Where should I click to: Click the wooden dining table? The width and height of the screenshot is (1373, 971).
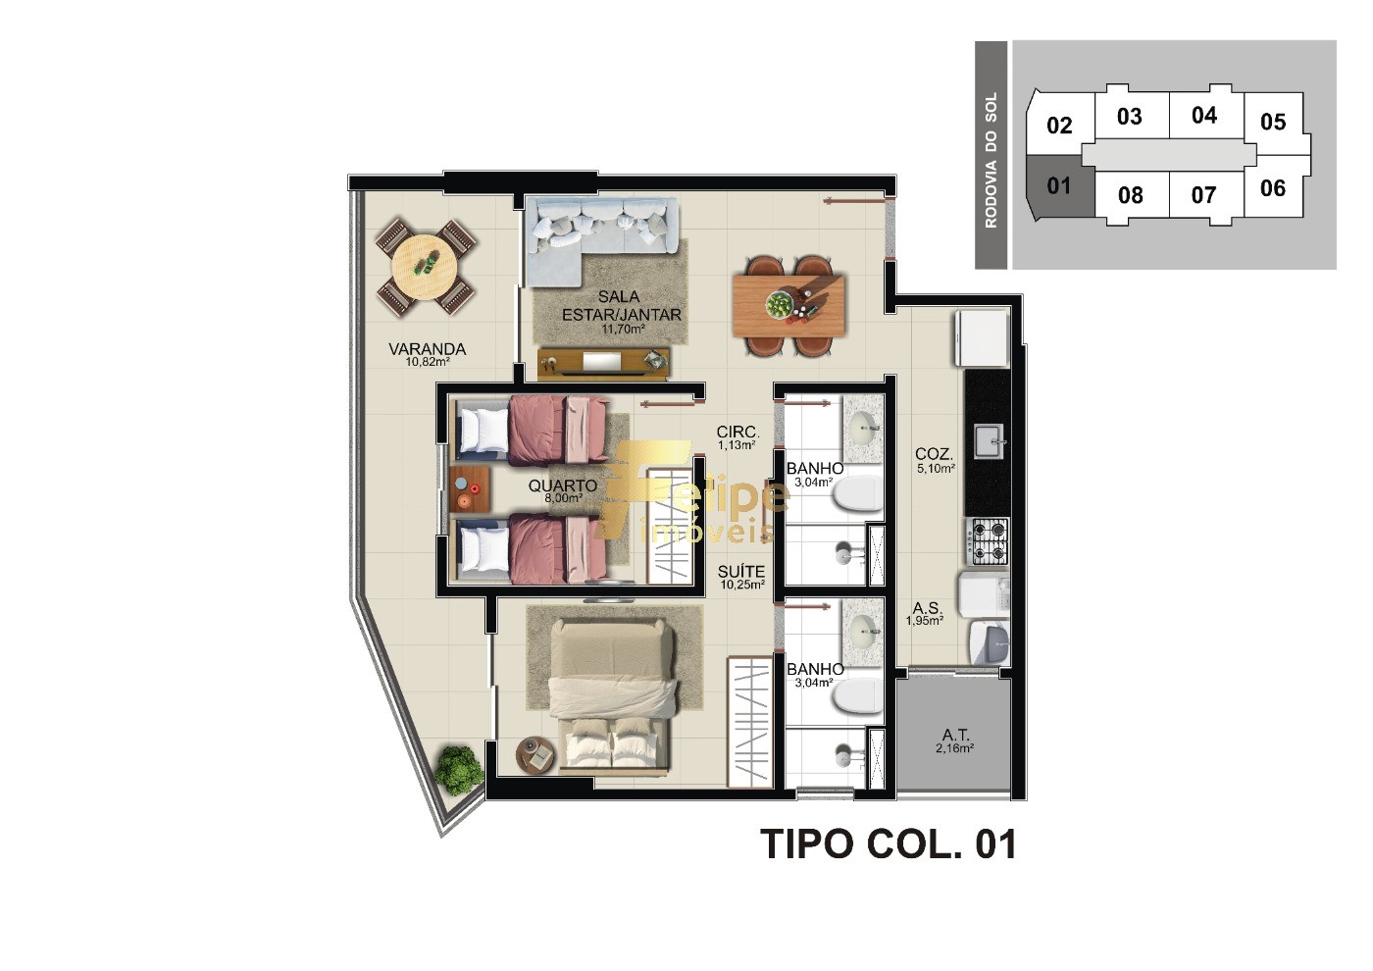[x=788, y=305]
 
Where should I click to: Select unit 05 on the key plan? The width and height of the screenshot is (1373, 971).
[x=1273, y=122]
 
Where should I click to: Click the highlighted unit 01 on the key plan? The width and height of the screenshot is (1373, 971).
[x=1058, y=185]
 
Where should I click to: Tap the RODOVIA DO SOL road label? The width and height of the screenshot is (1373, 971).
[x=991, y=160]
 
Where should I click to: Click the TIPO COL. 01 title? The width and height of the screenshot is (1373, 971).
[x=888, y=844]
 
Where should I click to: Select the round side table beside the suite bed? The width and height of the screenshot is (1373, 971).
[x=535, y=754]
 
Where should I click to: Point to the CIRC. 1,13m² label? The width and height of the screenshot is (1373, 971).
[x=737, y=436]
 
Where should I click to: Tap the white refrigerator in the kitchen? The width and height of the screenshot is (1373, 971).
[x=981, y=337]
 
